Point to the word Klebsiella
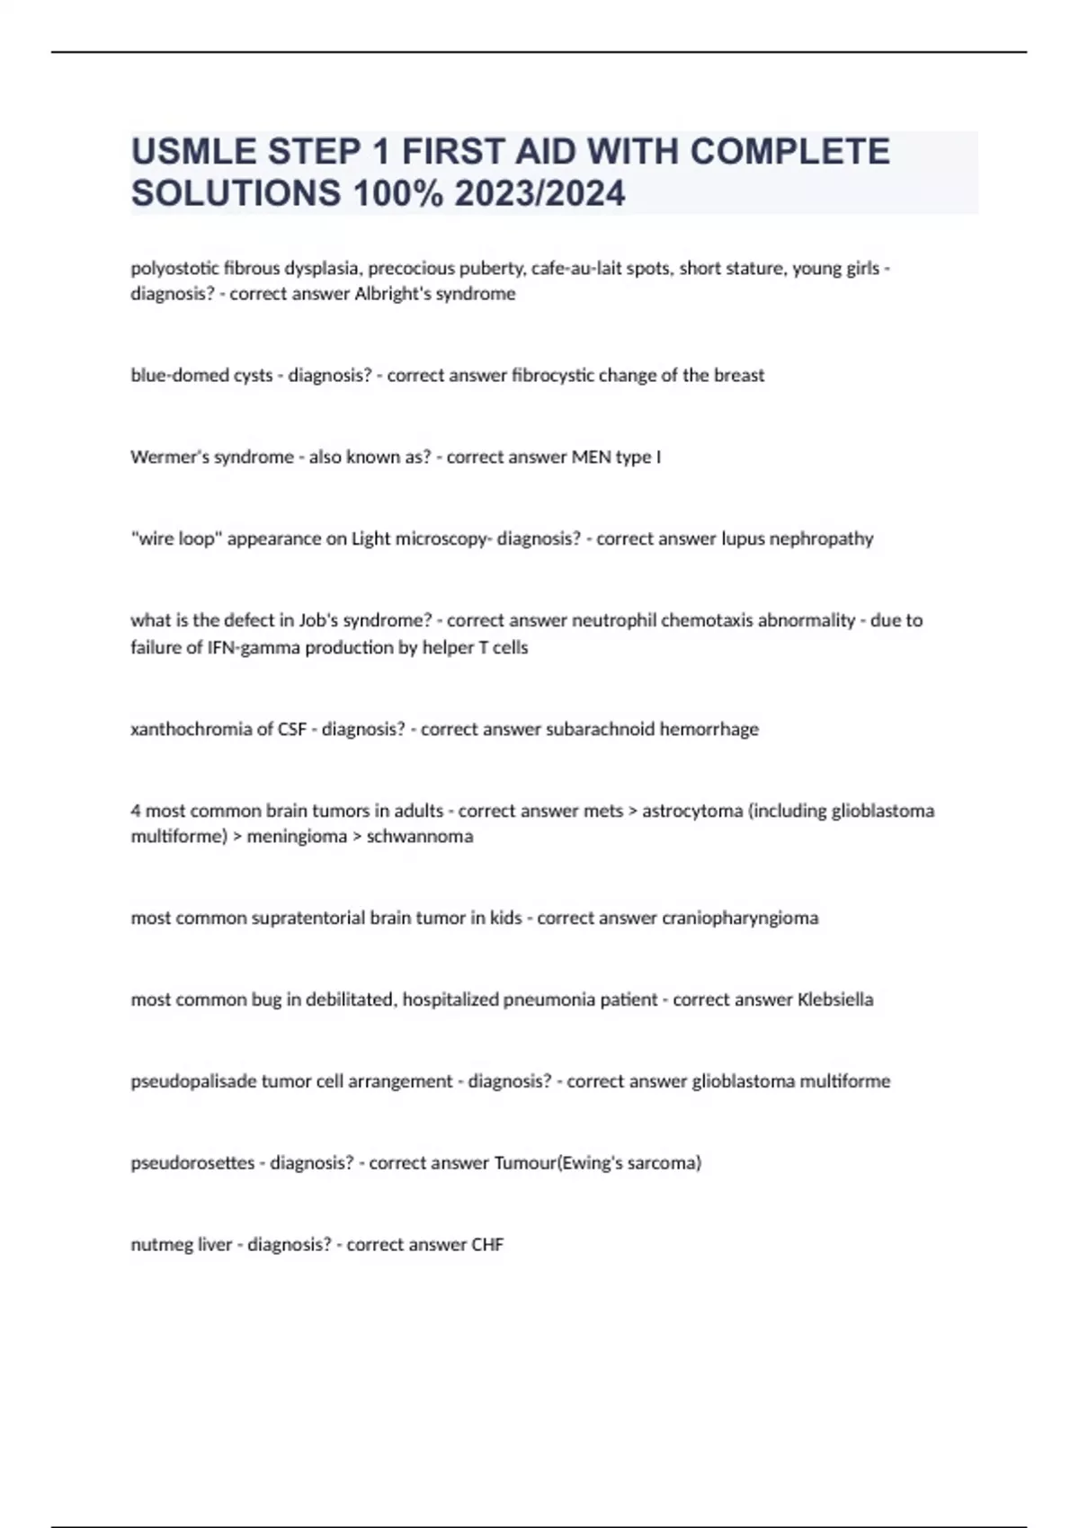pos(835,999)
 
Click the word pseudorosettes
pos(192,1163)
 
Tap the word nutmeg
pos(156,1245)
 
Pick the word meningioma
pos(297,836)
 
